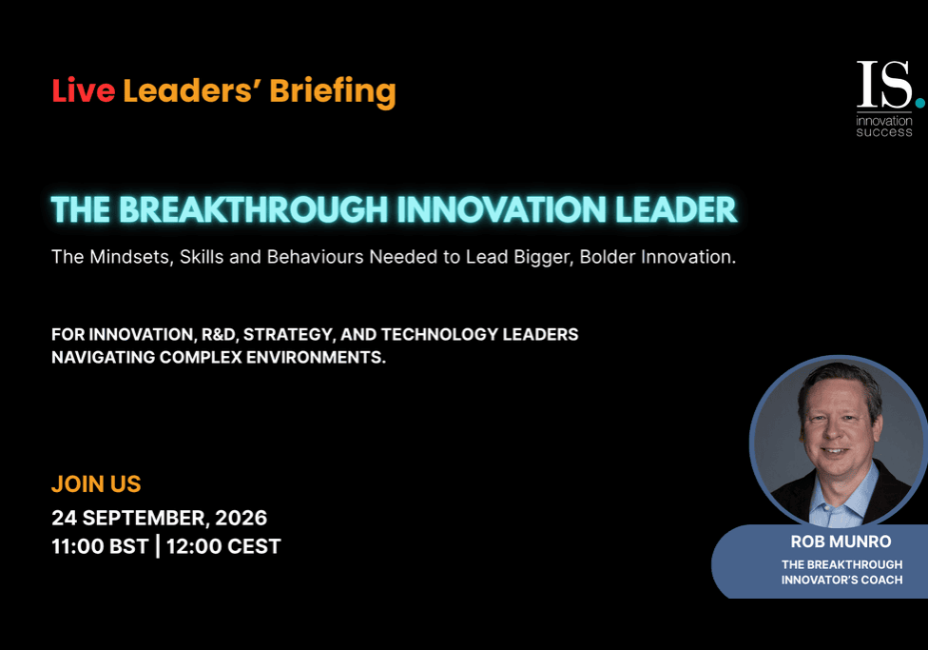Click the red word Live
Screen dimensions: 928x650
(84, 90)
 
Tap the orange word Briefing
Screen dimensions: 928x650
(333, 92)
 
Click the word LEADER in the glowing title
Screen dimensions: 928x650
(676, 209)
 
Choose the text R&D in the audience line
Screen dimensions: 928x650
(220, 335)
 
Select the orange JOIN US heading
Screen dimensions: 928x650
(96, 484)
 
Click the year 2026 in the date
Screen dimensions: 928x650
(241, 518)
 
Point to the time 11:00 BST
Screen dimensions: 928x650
(100, 546)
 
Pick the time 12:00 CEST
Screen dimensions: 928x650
(223, 546)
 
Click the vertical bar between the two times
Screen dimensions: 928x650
(158, 546)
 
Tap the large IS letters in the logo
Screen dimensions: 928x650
(884, 84)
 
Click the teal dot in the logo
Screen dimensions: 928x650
(919, 103)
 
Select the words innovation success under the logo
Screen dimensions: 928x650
(884, 127)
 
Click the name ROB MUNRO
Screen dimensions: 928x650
(841, 542)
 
